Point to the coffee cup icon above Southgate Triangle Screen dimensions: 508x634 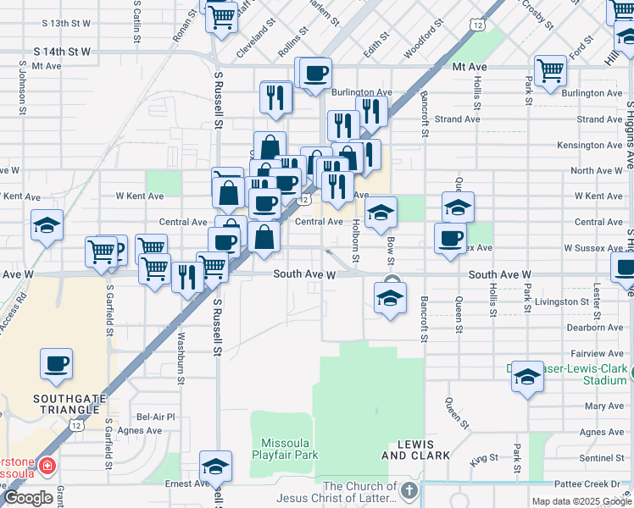(57, 364)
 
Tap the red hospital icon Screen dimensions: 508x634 (47, 466)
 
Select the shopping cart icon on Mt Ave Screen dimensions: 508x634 (550, 71)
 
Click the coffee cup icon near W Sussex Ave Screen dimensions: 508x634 (449, 238)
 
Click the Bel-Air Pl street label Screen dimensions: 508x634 (156, 417)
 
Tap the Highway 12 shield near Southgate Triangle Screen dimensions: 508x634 (78, 426)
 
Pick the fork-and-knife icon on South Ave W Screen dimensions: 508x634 (186, 276)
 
